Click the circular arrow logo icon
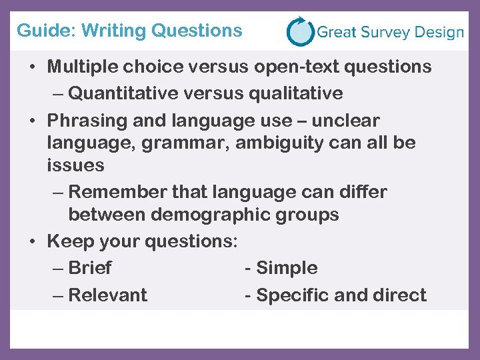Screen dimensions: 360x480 [x=300, y=31]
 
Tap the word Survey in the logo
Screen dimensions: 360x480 [x=387, y=32]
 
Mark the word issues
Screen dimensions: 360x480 [x=76, y=165]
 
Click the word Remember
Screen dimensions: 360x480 [x=117, y=192]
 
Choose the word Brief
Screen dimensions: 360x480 [x=90, y=268]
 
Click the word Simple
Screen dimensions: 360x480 [x=287, y=268]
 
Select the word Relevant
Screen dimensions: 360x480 [x=108, y=295]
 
